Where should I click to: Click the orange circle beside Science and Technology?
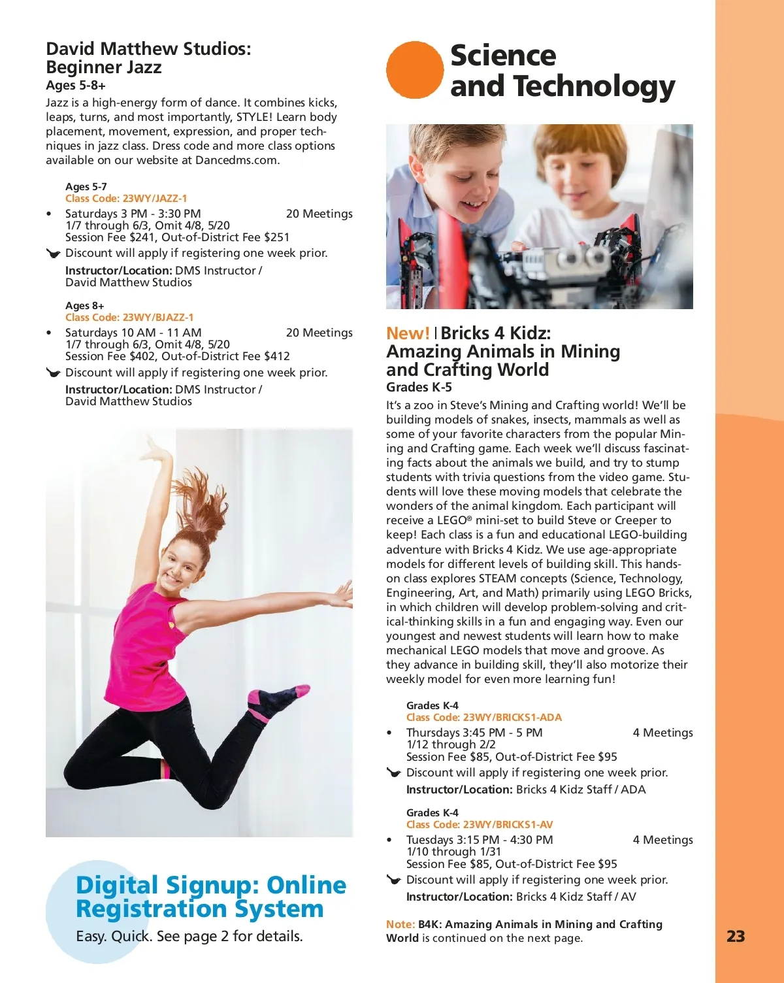point(415,70)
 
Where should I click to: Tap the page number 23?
point(736,937)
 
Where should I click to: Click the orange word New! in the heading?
point(408,333)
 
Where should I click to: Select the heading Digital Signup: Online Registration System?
point(210,897)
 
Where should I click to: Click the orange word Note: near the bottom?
point(400,924)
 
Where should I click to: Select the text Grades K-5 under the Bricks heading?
point(419,387)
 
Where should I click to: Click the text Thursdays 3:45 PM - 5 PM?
point(474,733)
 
